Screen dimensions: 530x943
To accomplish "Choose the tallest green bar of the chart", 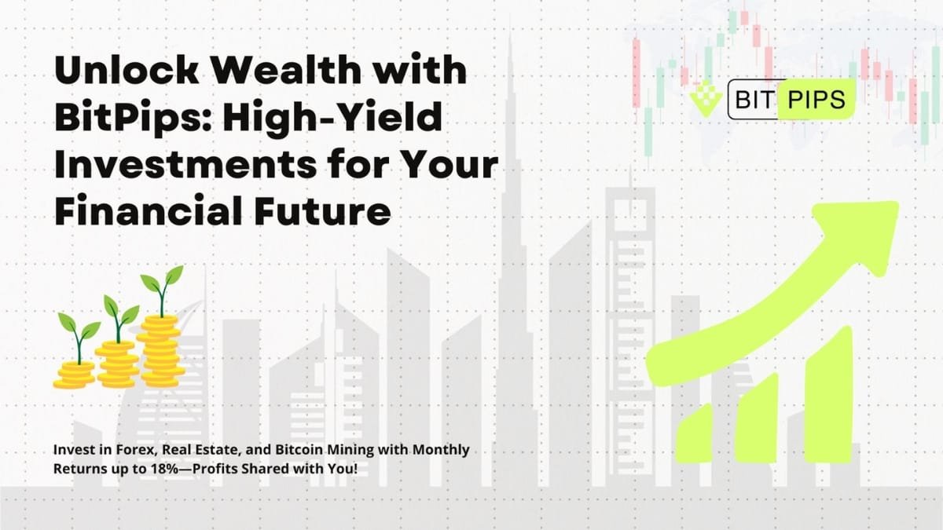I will tap(829, 385).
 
